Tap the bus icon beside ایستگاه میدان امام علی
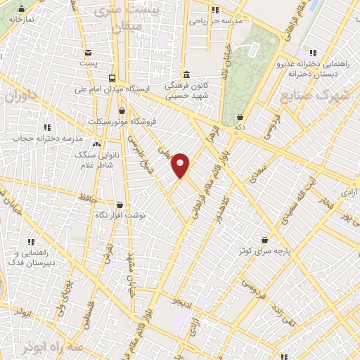(112, 78)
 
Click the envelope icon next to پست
(88, 53)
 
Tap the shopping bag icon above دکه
(240, 117)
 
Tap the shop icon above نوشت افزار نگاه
(120, 205)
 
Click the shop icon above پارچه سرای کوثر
(264, 240)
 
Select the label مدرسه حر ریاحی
(215, 21)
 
